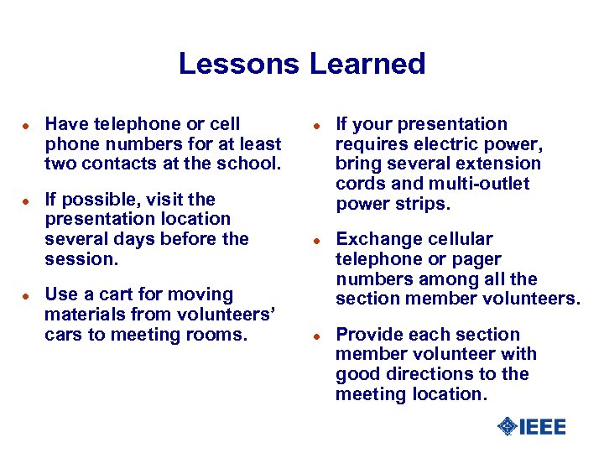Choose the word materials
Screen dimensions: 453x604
(81, 315)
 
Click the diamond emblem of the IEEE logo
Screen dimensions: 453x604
(507, 426)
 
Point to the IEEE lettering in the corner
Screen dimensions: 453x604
(543, 427)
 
